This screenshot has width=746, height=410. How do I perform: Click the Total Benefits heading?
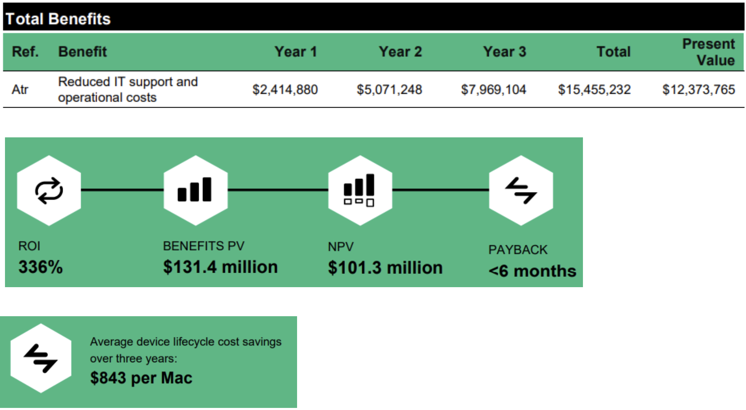[x=58, y=19]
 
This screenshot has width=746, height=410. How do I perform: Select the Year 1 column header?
[x=295, y=52]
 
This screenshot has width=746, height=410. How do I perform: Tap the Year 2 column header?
[x=400, y=52]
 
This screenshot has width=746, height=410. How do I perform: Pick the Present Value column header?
[x=709, y=52]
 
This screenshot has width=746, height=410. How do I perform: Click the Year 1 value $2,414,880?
[x=285, y=90]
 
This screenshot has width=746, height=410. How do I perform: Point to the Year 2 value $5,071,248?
[x=389, y=90]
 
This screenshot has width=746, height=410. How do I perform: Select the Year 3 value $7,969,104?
[x=493, y=90]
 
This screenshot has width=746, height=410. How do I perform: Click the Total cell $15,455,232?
[x=594, y=90]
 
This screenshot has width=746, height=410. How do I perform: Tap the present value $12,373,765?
[x=698, y=90]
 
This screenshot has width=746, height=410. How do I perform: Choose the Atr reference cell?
[x=20, y=90]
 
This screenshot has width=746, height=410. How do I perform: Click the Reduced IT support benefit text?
[x=128, y=90]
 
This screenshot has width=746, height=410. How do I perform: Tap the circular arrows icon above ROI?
[x=49, y=191]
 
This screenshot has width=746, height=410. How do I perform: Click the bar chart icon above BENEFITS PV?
[x=195, y=190]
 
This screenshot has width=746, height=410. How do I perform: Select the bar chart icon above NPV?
[x=359, y=190]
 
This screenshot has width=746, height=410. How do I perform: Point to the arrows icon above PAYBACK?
[x=521, y=190]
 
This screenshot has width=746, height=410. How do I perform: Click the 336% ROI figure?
[x=40, y=267]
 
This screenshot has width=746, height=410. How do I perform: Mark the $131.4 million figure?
[x=220, y=267]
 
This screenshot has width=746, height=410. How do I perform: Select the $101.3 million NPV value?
[x=385, y=268]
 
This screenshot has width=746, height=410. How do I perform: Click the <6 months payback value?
[x=532, y=271]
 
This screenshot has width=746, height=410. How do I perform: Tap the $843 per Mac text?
[x=141, y=378]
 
